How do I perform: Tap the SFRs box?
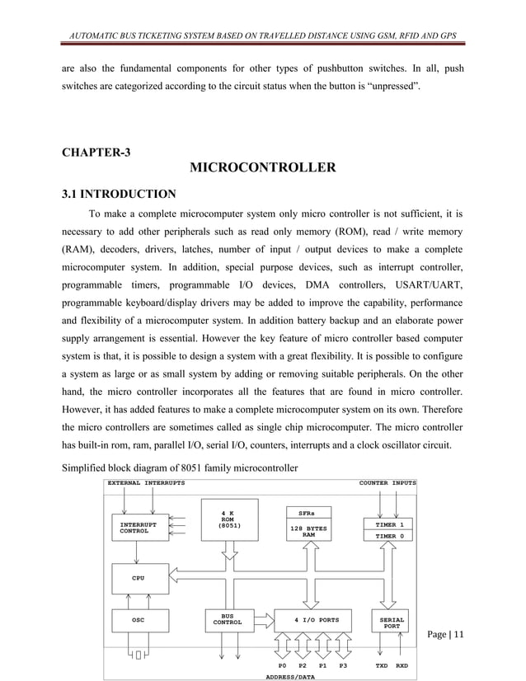click(308, 511)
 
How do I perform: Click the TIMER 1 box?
click(389, 524)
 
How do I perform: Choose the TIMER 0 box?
click(389, 536)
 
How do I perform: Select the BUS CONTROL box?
click(228, 620)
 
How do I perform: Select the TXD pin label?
click(381, 665)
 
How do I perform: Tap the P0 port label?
click(282, 665)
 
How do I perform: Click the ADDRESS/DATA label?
click(289, 676)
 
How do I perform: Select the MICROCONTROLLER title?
click(262, 169)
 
